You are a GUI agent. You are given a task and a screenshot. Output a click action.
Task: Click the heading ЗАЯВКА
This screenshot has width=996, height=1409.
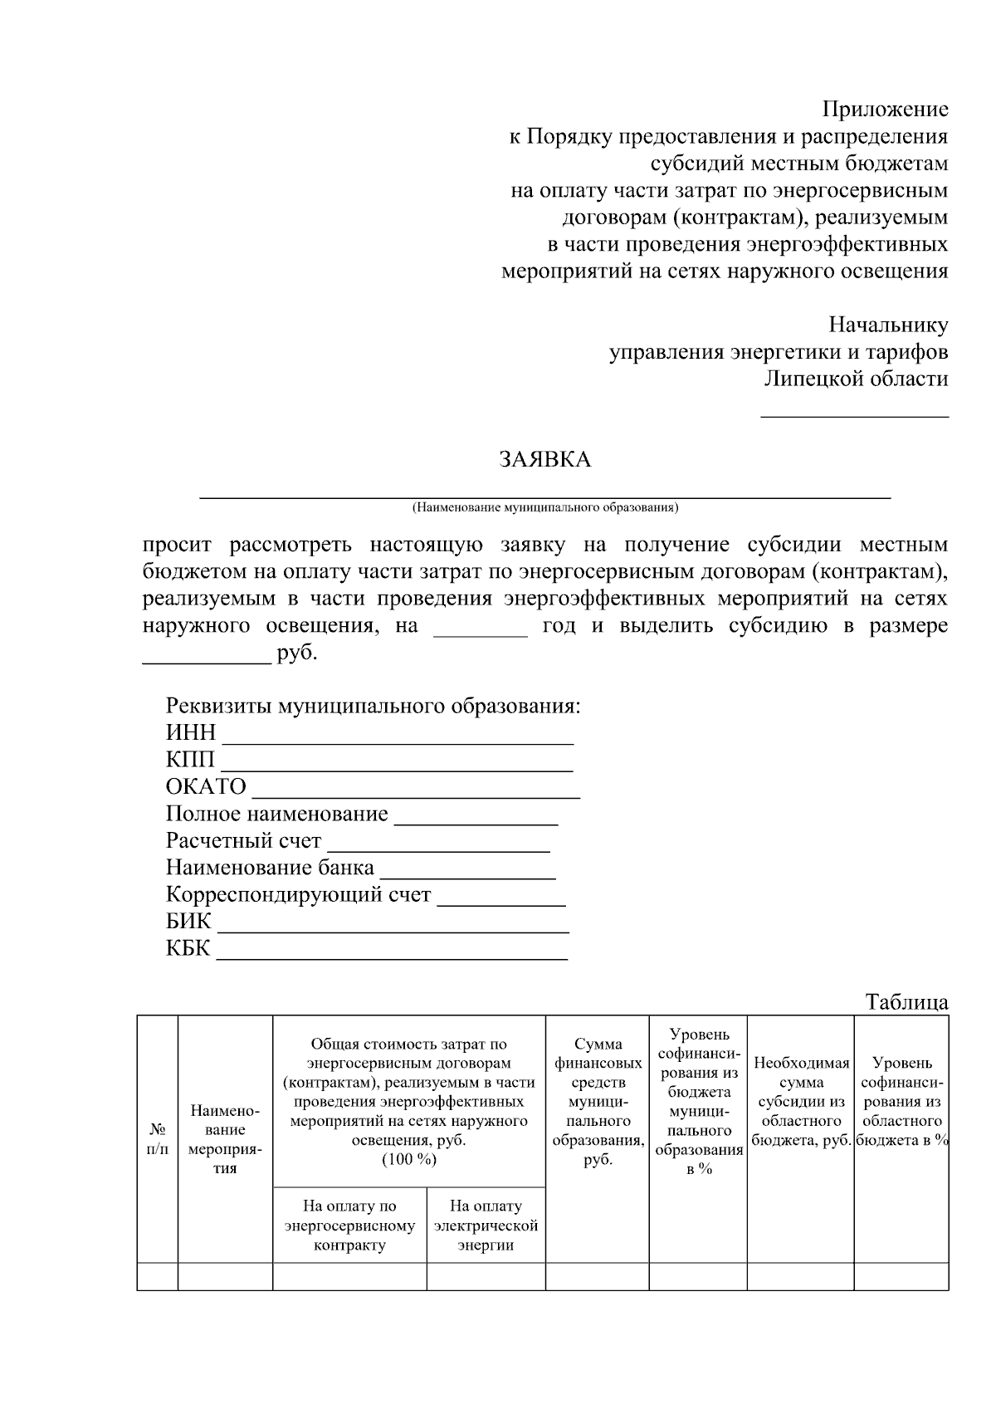[x=544, y=460]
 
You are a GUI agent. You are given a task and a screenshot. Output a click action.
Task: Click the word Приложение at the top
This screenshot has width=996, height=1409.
[x=885, y=109]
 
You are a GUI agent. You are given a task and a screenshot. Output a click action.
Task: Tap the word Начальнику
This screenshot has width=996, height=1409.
[x=888, y=325]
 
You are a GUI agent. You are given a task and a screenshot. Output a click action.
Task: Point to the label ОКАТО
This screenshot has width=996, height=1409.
[x=206, y=786]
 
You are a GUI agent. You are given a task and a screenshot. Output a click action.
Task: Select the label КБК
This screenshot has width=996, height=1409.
[x=188, y=948]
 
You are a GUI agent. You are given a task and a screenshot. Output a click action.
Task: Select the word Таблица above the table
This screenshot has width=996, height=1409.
[x=906, y=1002]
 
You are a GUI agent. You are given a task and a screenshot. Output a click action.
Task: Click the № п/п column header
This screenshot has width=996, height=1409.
[x=158, y=1139]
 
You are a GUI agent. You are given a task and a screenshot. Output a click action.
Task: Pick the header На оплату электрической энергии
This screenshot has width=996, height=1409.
[x=486, y=1225]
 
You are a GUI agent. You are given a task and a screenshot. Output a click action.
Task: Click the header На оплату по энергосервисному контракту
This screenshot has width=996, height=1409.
[x=349, y=1225]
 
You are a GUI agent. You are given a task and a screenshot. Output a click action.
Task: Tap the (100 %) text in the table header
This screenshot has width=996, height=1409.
[x=408, y=1159]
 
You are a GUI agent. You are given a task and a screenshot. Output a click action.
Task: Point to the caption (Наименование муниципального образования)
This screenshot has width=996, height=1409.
[x=545, y=506]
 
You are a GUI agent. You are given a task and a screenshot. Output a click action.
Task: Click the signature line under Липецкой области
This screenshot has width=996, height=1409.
[x=855, y=413]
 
